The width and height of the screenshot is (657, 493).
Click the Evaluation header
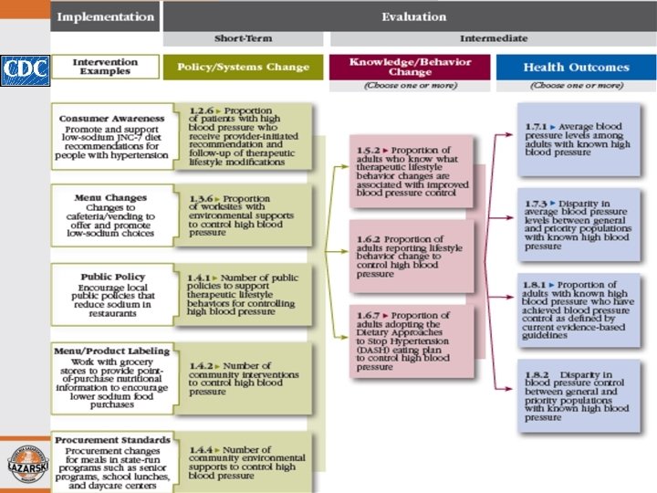(x=413, y=16)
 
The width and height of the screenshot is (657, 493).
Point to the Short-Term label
(x=242, y=38)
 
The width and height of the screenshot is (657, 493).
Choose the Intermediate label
(x=493, y=38)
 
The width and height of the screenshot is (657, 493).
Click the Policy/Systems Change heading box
(x=243, y=68)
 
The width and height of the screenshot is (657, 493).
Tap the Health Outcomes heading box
(x=575, y=68)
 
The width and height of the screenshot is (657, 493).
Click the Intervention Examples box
(x=104, y=68)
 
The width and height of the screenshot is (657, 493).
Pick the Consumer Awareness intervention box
(x=110, y=137)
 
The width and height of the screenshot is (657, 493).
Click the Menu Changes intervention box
(x=110, y=215)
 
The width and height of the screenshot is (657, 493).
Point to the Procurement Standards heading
(x=112, y=440)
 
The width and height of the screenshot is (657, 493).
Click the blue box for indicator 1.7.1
(x=575, y=139)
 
